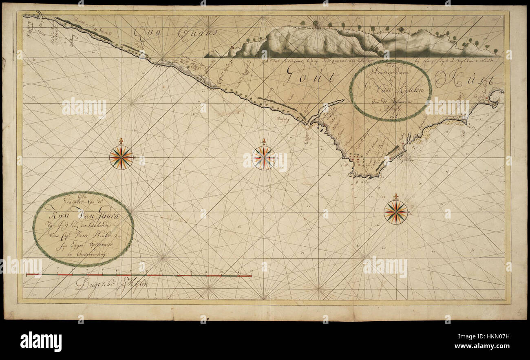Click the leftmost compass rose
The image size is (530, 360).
(x=121, y=157)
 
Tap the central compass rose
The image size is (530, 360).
(x=263, y=157)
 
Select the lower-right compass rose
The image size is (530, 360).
(x=395, y=212)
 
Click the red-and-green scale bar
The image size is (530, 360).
(x=139, y=275)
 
